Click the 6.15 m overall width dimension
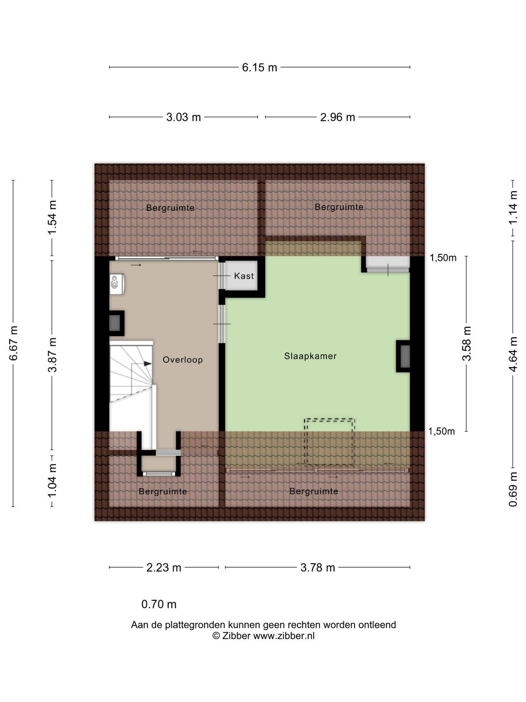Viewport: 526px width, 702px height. [x=259, y=68]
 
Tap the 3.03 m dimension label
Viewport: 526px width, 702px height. [x=183, y=118]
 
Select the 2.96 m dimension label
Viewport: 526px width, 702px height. [x=338, y=118]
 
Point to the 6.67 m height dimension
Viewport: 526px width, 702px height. [x=13, y=343]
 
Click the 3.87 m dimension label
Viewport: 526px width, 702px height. [x=52, y=355]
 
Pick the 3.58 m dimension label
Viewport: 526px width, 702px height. [x=466, y=344]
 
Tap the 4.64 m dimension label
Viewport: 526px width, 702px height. [x=512, y=355]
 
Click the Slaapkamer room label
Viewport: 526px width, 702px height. [x=310, y=356]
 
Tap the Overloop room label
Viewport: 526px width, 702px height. [x=183, y=360]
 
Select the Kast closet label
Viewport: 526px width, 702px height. [x=244, y=276]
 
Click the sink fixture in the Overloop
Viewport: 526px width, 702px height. [x=117, y=284]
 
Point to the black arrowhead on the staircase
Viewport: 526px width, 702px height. [x=147, y=364]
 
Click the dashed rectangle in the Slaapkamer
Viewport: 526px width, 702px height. [x=329, y=419]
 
